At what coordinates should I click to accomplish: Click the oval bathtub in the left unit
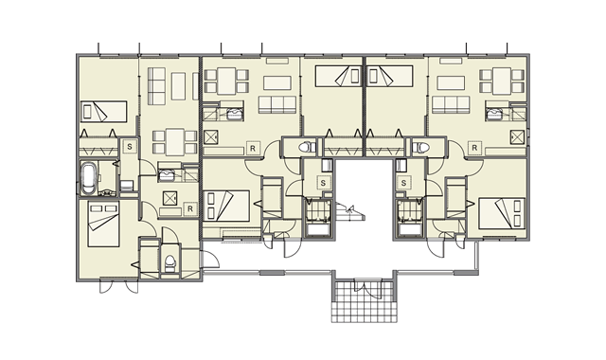[88, 179]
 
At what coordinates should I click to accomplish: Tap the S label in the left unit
[130, 147]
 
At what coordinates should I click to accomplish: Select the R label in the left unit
[189, 208]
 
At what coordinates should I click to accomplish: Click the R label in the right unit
[474, 148]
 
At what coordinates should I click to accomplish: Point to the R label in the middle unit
[253, 148]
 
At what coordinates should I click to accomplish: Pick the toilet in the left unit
[169, 262]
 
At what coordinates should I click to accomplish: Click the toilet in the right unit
[420, 148]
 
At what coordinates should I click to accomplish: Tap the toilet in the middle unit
[307, 148]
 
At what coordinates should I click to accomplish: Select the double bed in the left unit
[103, 224]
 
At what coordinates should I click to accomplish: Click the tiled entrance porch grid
[365, 301]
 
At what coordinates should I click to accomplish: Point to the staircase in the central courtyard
[349, 211]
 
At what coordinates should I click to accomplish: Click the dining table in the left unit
[175, 142]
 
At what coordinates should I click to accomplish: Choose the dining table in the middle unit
[226, 81]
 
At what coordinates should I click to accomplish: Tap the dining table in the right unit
[502, 81]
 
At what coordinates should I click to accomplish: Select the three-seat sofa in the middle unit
[277, 105]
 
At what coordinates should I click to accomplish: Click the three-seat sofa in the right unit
[451, 105]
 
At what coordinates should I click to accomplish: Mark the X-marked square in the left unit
[170, 198]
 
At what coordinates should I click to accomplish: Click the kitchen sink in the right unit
[493, 114]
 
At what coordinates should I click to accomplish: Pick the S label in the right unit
[404, 183]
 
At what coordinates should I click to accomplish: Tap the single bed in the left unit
[103, 112]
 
